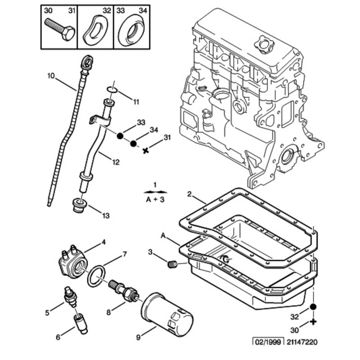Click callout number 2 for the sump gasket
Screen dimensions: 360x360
(x=189, y=194)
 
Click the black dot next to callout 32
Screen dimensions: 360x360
(x=314, y=307)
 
